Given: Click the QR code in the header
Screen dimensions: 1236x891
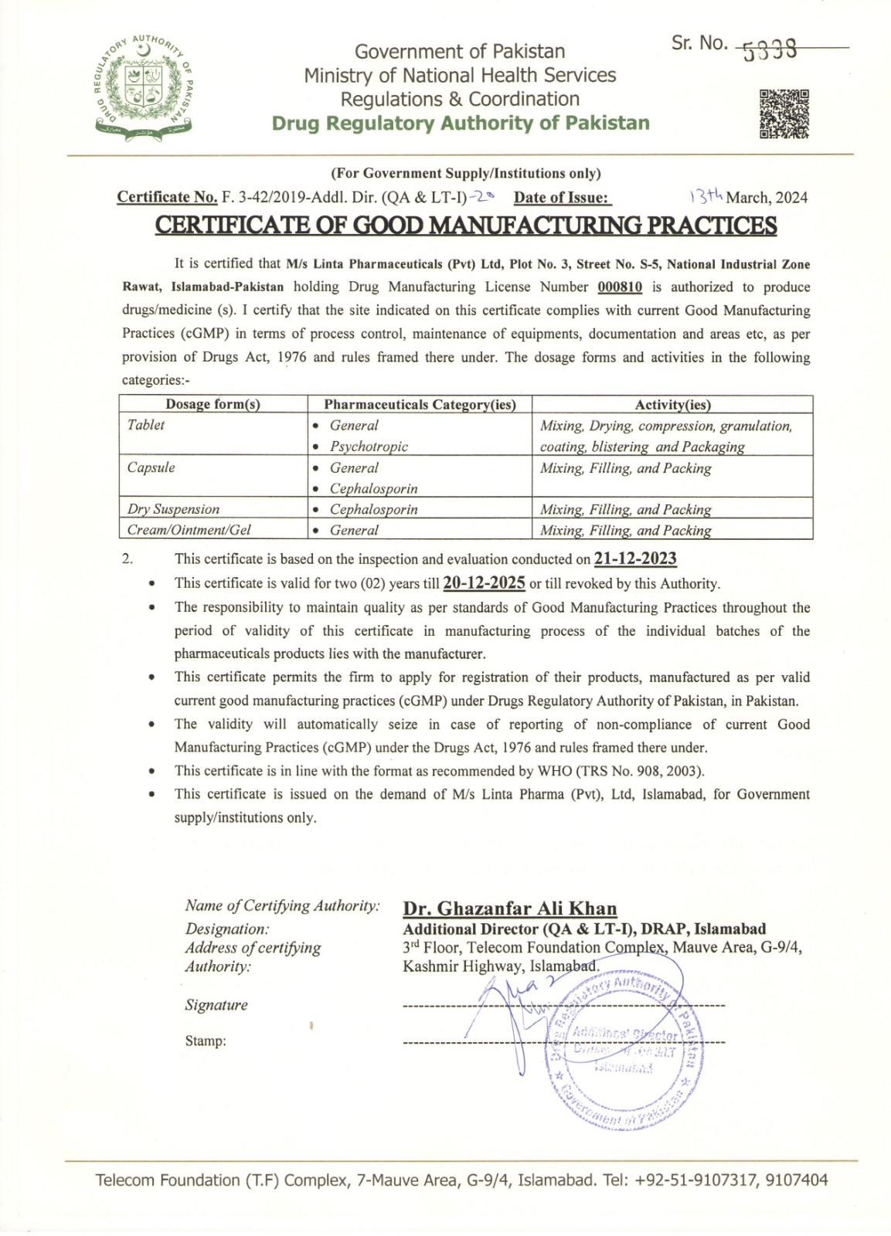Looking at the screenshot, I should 784,114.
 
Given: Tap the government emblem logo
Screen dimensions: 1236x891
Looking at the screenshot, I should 144,87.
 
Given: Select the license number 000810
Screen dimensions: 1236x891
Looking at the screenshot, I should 620,287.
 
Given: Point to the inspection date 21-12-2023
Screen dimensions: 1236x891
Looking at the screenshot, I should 635,559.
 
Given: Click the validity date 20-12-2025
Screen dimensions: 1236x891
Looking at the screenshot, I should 485,583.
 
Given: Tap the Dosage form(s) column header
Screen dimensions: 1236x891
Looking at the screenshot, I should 213,404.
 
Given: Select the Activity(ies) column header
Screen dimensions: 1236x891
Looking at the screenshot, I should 672,404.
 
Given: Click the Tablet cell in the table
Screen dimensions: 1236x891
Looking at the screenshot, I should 146,425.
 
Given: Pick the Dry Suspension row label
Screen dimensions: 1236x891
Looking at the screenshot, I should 173,509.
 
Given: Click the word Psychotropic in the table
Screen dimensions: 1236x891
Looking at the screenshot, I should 369,447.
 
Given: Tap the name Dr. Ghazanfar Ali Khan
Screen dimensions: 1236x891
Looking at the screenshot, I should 510,908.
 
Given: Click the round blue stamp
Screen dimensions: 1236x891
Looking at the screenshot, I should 618,1047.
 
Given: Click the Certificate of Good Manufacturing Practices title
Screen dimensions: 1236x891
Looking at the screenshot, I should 465,225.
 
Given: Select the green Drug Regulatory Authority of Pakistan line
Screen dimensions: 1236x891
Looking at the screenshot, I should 461,124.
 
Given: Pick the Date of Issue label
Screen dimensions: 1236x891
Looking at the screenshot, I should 562,198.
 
